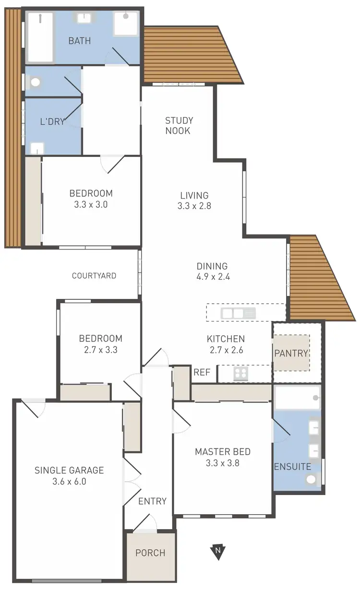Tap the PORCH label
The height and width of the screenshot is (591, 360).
click(x=150, y=553)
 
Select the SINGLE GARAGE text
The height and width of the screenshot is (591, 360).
click(x=69, y=470)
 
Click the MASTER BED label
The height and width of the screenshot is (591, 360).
click(x=223, y=451)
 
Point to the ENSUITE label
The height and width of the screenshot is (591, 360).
click(x=292, y=467)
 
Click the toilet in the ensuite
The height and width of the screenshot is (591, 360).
click(x=312, y=478)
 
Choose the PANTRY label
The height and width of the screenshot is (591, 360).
click(x=291, y=353)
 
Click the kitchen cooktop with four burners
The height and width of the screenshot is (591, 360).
click(x=240, y=373)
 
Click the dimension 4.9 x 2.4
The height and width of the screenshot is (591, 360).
click(x=212, y=277)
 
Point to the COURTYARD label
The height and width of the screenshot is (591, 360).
click(x=94, y=276)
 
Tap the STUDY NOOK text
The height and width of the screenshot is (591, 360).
click(x=179, y=126)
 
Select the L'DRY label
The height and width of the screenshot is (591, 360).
click(x=52, y=121)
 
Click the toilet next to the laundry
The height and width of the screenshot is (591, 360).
click(x=35, y=83)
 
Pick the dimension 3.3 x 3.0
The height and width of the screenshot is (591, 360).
click(x=91, y=204)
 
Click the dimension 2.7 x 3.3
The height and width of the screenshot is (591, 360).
click(x=101, y=350)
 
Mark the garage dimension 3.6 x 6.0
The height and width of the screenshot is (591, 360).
click(x=69, y=482)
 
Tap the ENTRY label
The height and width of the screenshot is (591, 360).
click(x=152, y=501)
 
